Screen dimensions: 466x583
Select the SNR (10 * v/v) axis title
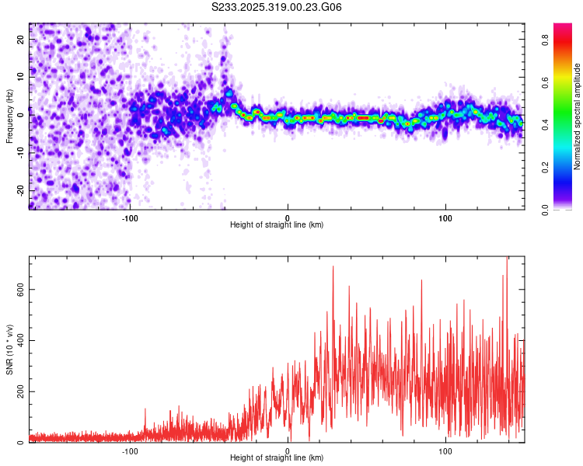pyautogui.click(x=10, y=350)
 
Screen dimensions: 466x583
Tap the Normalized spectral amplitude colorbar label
pyautogui.click(x=578, y=116)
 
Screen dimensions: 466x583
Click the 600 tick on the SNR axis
pyautogui.click(x=19, y=289)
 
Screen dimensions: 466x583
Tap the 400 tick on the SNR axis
pyautogui.click(x=19, y=340)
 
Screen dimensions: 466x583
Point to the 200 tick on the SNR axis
pyautogui.click(x=19, y=391)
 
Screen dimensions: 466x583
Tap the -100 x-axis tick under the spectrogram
pyautogui.click(x=130, y=217)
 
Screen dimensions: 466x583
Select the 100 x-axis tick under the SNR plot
pyautogui.click(x=445, y=450)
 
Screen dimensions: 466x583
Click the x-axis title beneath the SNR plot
pyautogui.click(x=278, y=459)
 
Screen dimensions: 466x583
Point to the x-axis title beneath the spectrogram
pyautogui.click(x=278, y=225)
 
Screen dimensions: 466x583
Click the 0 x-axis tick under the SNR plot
pyautogui.click(x=288, y=450)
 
